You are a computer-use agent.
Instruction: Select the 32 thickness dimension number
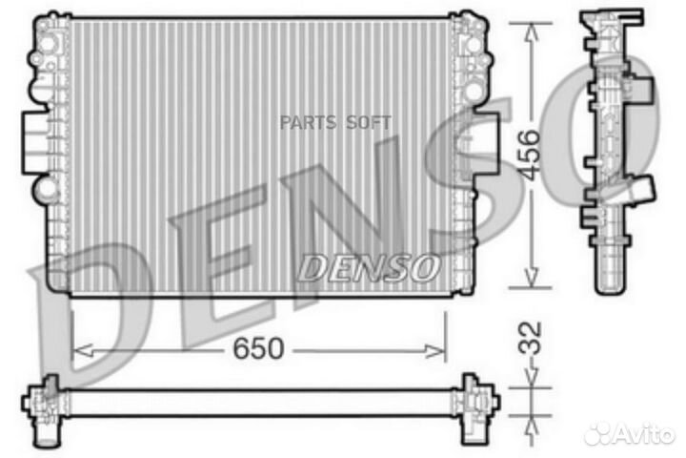pyautogui.click(x=531, y=337)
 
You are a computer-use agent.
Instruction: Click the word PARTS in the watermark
pyautogui.click(x=301, y=122)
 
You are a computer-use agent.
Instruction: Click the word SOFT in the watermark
pyautogui.click(x=364, y=122)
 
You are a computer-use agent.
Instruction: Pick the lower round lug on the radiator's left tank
pyautogui.click(x=42, y=190)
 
